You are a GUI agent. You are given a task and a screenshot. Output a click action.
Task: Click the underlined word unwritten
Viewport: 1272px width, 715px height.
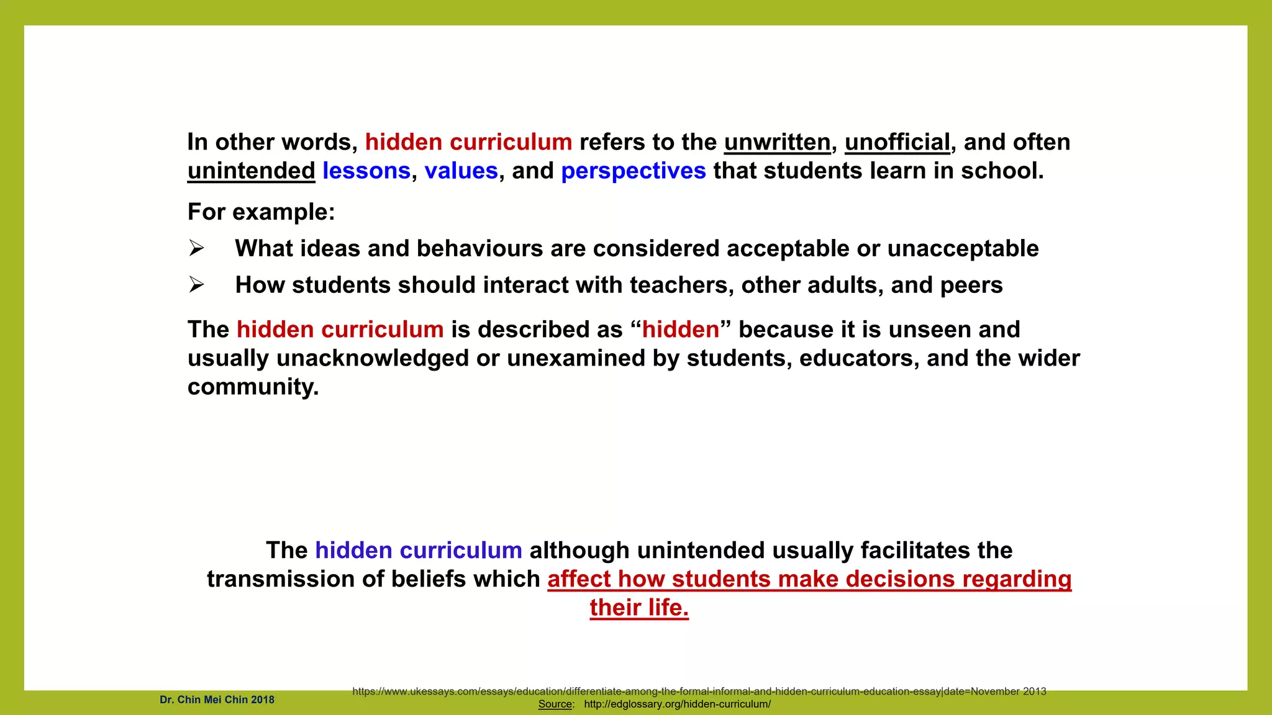pyautogui.click(x=777, y=142)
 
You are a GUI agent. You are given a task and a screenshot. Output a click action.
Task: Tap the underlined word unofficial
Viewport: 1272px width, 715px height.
pyautogui.click(x=897, y=142)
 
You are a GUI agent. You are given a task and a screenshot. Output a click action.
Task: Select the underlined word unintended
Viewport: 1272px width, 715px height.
pyautogui.click(x=252, y=171)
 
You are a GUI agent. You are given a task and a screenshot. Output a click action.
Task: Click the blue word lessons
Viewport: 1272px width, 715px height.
pyautogui.click(x=366, y=171)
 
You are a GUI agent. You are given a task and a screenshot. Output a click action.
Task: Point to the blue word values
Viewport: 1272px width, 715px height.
pyautogui.click(x=461, y=171)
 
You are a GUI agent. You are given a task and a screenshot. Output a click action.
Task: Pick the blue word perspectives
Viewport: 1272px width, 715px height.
pyautogui.click(x=634, y=171)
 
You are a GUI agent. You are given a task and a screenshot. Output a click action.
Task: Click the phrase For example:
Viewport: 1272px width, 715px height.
pyautogui.click(x=261, y=212)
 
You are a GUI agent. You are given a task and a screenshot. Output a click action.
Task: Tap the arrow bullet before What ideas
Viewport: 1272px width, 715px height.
pyautogui.click(x=196, y=249)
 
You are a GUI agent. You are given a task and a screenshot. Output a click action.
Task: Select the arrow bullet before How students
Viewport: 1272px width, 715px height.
pyautogui.click(x=196, y=286)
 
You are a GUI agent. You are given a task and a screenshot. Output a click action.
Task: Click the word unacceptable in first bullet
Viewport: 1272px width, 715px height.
pyautogui.click(x=963, y=249)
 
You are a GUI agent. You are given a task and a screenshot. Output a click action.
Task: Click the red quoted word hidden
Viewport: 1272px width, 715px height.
pyautogui.click(x=680, y=330)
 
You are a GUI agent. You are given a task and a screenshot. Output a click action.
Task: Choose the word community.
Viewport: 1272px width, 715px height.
pyautogui.click(x=253, y=387)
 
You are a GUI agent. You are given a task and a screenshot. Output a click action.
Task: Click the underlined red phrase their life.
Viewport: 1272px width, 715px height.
pyautogui.click(x=639, y=608)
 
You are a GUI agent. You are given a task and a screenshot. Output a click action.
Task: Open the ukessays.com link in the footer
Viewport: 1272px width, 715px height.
pyautogui.click(x=699, y=691)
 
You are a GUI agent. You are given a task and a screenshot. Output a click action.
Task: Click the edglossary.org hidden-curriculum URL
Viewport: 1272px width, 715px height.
pyautogui.click(x=677, y=704)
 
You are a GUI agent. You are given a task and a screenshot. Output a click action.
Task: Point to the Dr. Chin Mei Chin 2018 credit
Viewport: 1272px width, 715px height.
pyautogui.click(x=217, y=700)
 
